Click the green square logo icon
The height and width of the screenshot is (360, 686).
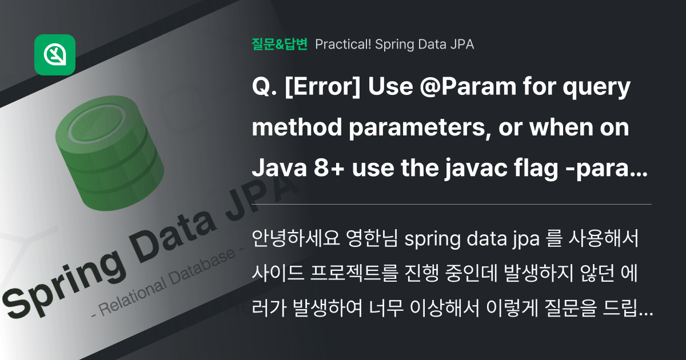[55, 55]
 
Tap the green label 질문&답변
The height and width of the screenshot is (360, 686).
[280, 44]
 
